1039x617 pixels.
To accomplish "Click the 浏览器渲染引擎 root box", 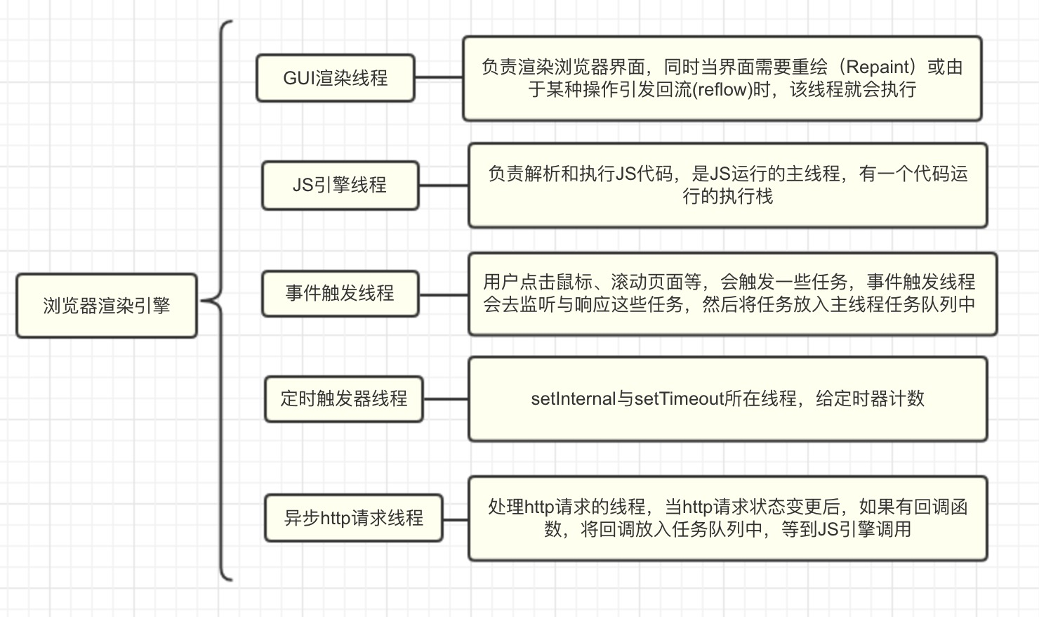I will tap(107, 306).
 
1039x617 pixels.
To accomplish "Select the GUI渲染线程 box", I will tap(336, 78).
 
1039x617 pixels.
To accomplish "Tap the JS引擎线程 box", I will tap(340, 186).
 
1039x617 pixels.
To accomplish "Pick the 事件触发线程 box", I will tap(340, 293).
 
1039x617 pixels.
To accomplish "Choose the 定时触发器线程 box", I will tap(344, 398).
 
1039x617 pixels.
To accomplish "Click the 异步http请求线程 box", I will tap(354, 518).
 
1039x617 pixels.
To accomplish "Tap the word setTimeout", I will tap(679, 399).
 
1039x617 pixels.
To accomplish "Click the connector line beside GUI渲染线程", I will tap(439, 78).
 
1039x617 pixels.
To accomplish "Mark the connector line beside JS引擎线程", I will tap(444, 186).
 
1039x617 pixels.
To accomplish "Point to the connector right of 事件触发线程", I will tap(444, 294).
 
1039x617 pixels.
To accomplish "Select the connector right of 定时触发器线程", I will tap(446, 398).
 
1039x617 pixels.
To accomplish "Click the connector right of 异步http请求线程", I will tap(456, 520).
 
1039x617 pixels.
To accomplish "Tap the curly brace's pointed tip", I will tap(204, 301).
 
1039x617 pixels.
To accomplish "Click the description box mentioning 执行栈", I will tap(728, 186).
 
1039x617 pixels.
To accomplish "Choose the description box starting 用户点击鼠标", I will tap(732, 294).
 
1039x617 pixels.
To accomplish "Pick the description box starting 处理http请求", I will tap(728, 519).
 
